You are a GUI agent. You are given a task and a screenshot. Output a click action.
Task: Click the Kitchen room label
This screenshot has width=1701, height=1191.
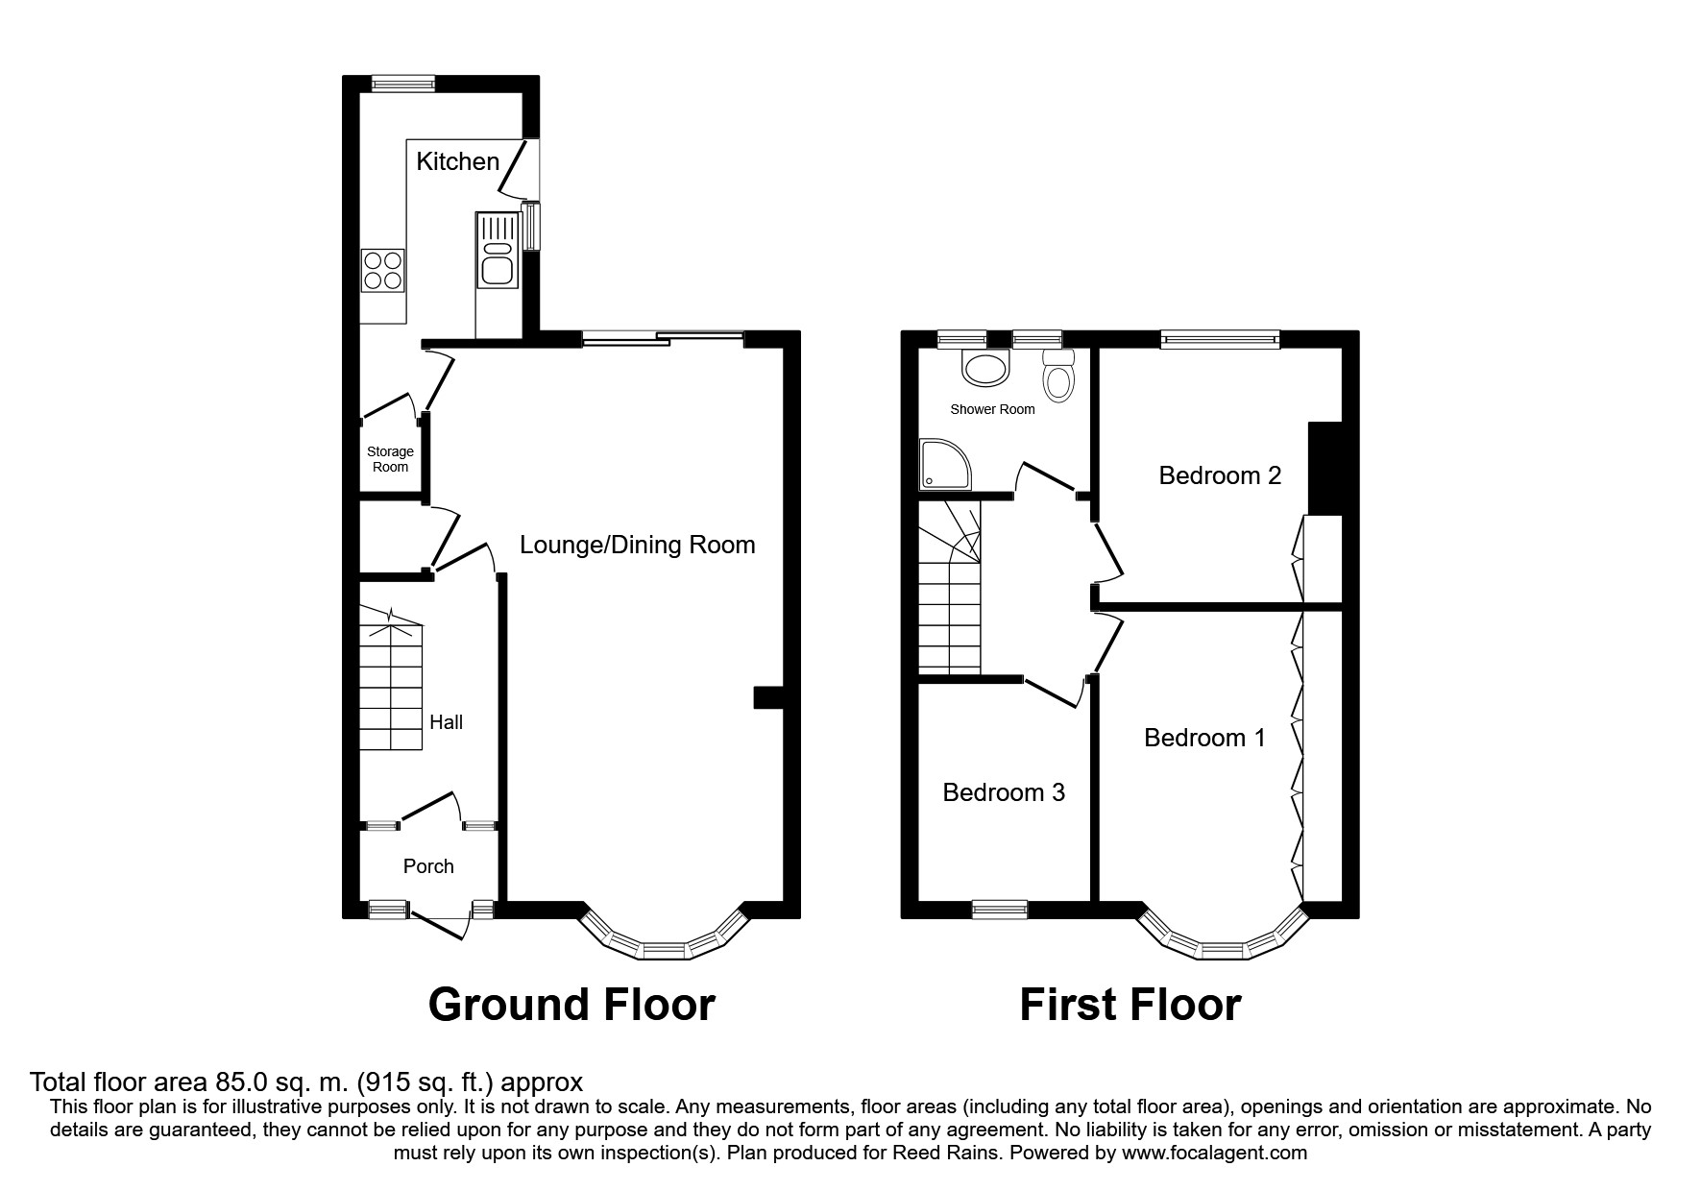point(457,161)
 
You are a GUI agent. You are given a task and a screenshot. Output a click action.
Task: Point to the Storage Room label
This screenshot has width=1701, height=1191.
point(390,459)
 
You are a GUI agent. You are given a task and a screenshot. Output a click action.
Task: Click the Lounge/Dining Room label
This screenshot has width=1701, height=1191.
point(637,545)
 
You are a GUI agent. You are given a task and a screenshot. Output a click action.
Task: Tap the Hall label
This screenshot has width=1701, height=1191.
point(446,722)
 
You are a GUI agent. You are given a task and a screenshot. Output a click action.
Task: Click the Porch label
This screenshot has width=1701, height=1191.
point(428,866)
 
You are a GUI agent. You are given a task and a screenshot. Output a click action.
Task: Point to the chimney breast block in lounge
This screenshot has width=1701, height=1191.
point(768,697)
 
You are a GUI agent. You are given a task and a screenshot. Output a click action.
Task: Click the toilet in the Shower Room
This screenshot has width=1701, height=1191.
point(1059,377)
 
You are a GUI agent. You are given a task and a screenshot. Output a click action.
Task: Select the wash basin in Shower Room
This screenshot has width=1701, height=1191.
point(985,367)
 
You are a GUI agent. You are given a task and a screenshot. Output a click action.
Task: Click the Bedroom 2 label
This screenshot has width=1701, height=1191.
point(1220,475)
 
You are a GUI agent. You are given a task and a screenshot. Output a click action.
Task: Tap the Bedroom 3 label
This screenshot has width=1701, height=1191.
point(1004,792)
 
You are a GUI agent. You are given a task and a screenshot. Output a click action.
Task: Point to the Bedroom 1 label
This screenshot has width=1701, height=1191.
point(1204,738)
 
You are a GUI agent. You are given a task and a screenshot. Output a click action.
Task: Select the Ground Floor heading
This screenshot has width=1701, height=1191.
point(571,1005)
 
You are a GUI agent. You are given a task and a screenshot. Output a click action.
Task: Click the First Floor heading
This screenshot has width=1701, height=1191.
point(1130,1005)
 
